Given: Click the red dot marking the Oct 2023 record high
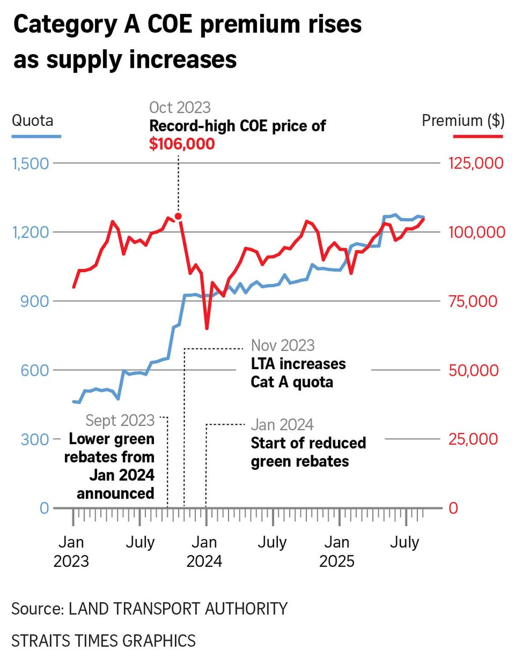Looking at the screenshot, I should (178, 217).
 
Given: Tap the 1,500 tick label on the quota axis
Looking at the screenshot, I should (30, 163).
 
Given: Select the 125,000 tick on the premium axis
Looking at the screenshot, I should (476, 163).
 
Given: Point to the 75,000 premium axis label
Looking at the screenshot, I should (473, 301).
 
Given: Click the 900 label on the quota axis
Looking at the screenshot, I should (34, 301).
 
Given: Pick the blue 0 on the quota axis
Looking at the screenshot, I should (44, 508).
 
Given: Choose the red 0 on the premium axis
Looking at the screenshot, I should (453, 508).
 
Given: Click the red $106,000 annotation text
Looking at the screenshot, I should (182, 144).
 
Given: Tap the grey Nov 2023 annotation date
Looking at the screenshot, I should (283, 345).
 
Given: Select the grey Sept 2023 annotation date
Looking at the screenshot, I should (120, 420).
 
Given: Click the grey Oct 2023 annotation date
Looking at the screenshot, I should (180, 107).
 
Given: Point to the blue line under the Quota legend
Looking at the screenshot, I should (36, 136).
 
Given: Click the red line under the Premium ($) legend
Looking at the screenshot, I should (478, 136).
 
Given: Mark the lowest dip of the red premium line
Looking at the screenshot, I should (207, 328).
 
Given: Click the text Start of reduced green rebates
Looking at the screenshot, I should (308, 452).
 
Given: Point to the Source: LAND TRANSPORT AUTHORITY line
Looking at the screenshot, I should (150, 609).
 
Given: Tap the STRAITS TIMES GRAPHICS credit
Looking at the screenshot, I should (103, 641).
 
